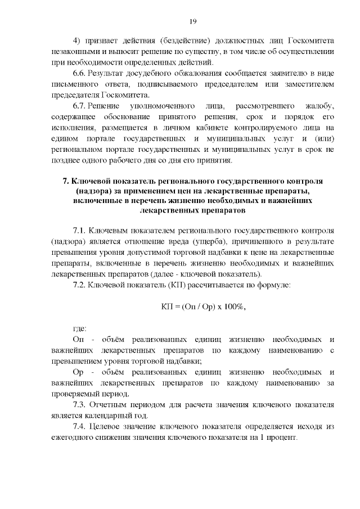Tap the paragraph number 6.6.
pos(81,74)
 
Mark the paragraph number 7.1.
pos(81,231)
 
